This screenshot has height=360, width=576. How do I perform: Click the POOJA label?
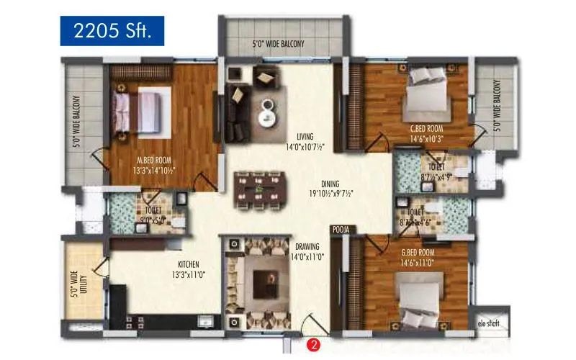point(341,229)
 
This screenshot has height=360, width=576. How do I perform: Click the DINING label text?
point(330,184)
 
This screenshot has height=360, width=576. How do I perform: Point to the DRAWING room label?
point(307,246)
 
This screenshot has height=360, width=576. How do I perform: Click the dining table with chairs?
point(257,192)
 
